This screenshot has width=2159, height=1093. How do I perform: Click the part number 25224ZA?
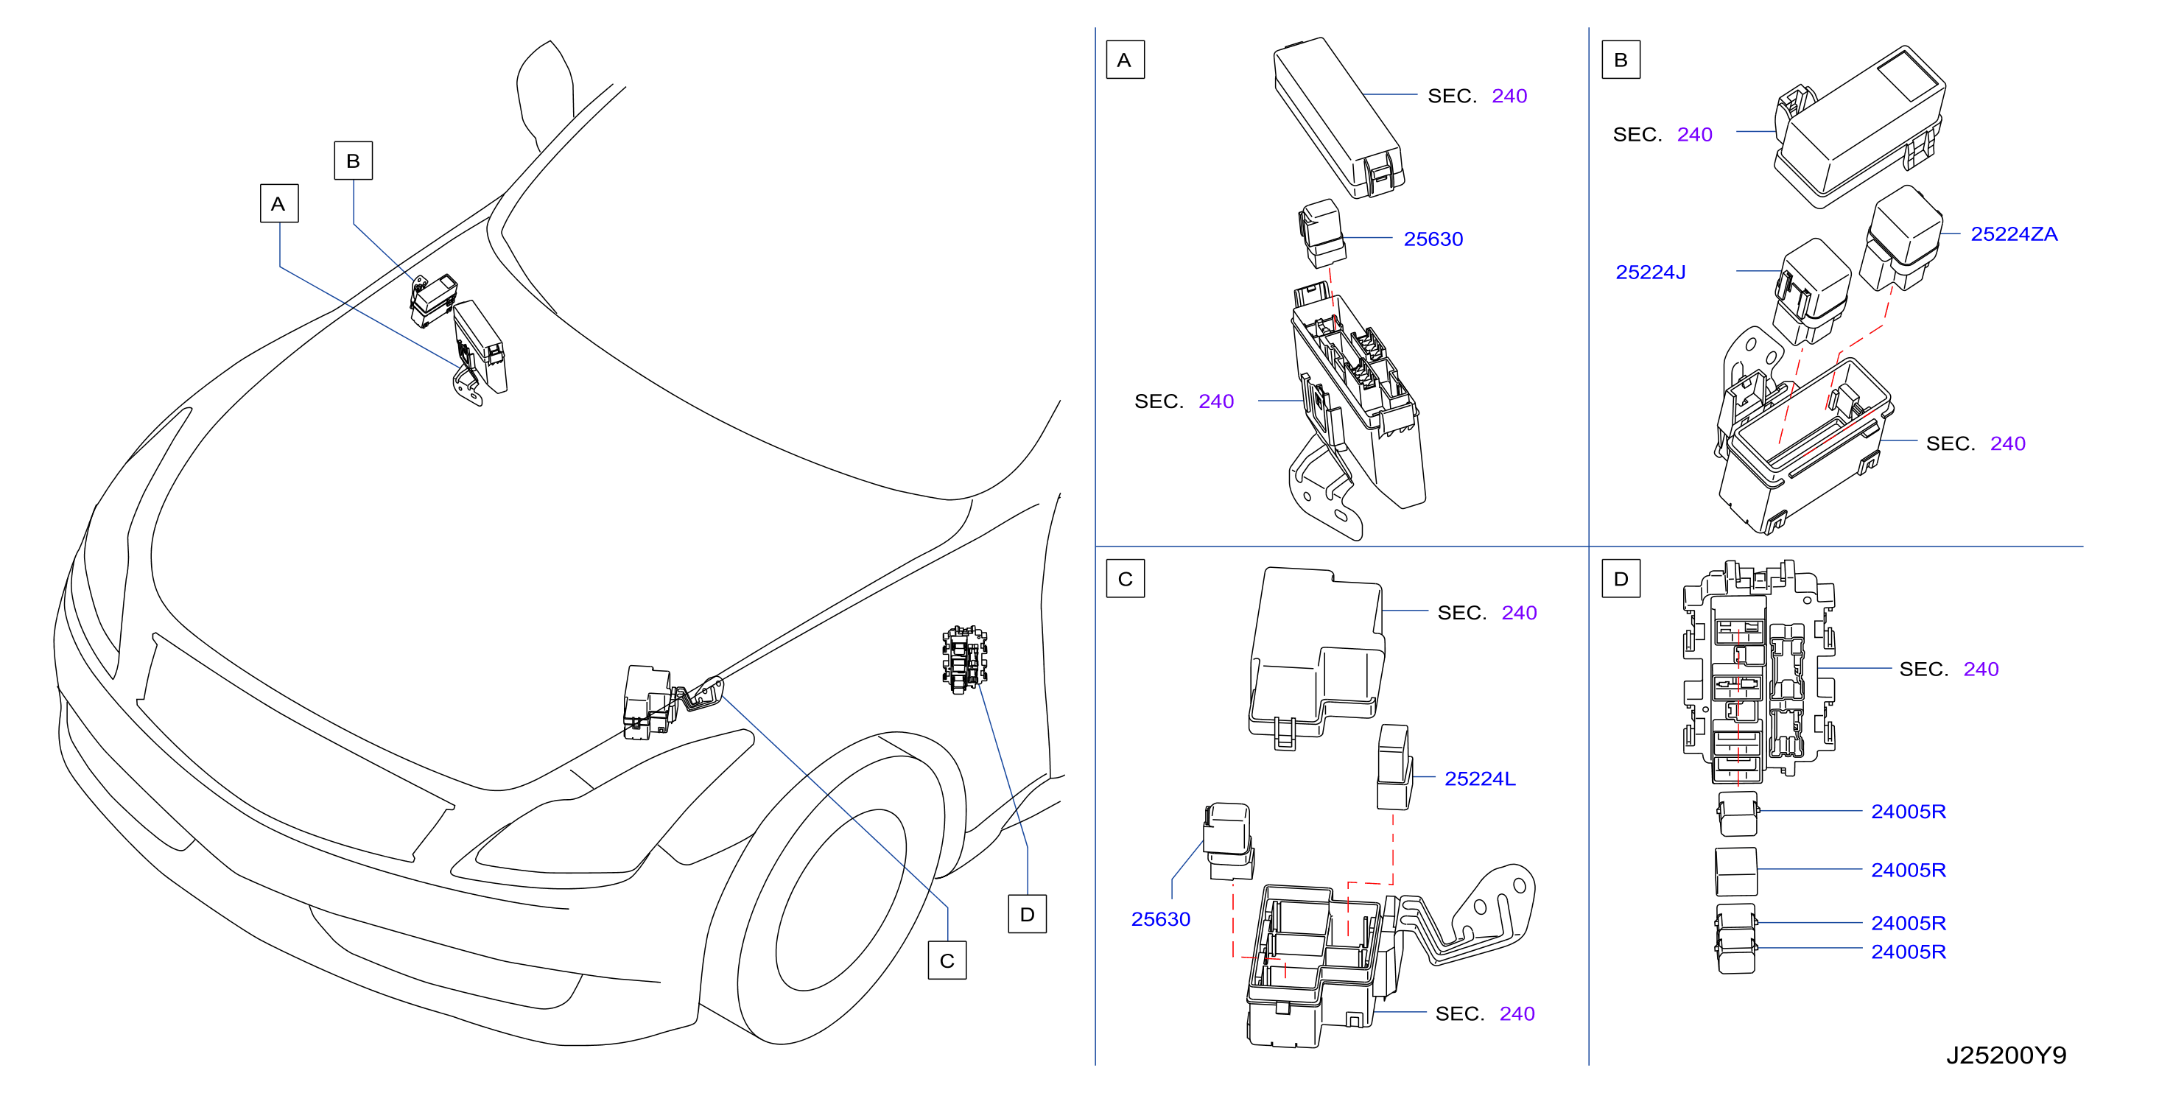pyautogui.click(x=2013, y=234)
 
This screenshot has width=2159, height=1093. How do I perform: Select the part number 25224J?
pyautogui.click(x=1649, y=273)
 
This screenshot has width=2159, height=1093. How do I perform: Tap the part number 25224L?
pyautogui.click(x=1479, y=779)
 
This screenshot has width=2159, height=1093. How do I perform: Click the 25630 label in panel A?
pyautogui.click(x=1433, y=239)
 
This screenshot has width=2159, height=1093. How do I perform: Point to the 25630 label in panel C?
pyautogui.click(x=1160, y=918)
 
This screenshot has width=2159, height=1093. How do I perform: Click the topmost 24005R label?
pyautogui.click(x=1908, y=812)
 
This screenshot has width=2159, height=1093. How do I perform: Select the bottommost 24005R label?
pyautogui.click(x=1908, y=952)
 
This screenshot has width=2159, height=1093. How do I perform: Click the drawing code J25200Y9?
pyautogui.click(x=2006, y=1055)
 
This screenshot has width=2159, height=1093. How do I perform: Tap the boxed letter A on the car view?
pyautogui.click(x=279, y=204)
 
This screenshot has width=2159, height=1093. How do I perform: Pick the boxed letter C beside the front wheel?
pyautogui.click(x=947, y=960)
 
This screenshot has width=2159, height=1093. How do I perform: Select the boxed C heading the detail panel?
pyautogui.click(x=1125, y=578)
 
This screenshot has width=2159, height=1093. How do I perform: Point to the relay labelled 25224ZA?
pyautogui.click(x=1901, y=239)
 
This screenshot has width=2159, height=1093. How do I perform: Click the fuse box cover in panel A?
pyautogui.click(x=1338, y=117)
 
